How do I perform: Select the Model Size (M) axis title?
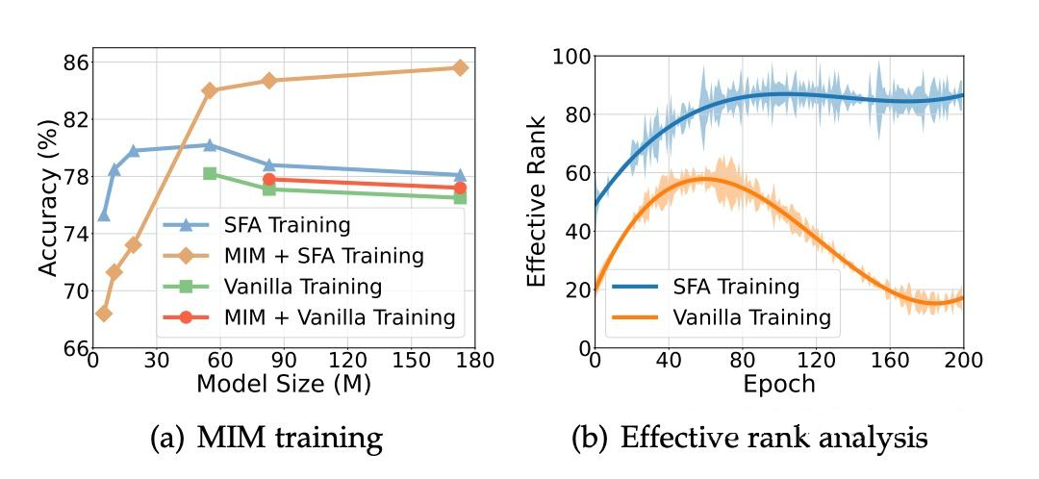click(284, 383)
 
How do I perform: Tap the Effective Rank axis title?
click(540, 202)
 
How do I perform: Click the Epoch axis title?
click(778, 384)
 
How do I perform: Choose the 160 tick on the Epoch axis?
click(889, 363)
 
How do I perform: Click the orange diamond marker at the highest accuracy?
click(460, 67)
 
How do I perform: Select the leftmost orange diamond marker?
click(104, 314)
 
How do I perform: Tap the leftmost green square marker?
click(210, 173)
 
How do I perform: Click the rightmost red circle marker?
click(460, 188)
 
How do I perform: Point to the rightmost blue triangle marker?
click(460, 175)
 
